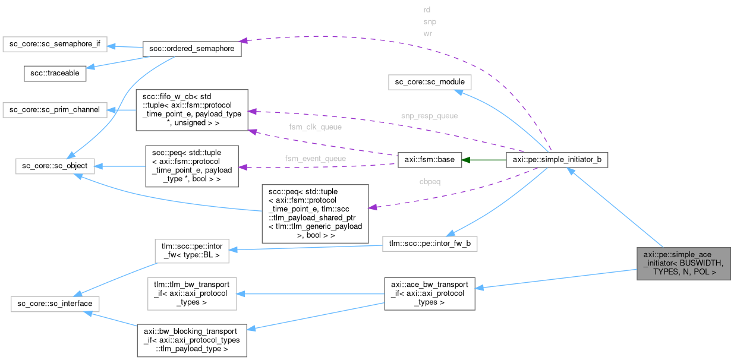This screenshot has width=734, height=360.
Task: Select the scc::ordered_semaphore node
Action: tap(191, 49)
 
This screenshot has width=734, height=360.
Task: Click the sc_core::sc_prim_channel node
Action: tap(55, 110)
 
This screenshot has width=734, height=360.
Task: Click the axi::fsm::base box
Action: tap(430, 160)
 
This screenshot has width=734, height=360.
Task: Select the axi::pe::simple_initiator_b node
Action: tap(556, 160)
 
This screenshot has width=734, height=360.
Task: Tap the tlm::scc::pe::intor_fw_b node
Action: tap(430, 244)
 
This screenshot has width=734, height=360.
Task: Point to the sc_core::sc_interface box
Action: tap(55, 304)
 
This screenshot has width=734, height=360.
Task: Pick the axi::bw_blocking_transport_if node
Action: tap(191, 340)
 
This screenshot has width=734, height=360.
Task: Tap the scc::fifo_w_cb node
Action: tap(191, 110)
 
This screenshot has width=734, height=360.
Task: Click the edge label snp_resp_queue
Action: tap(429, 116)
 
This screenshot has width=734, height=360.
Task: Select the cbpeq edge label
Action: tap(430, 181)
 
